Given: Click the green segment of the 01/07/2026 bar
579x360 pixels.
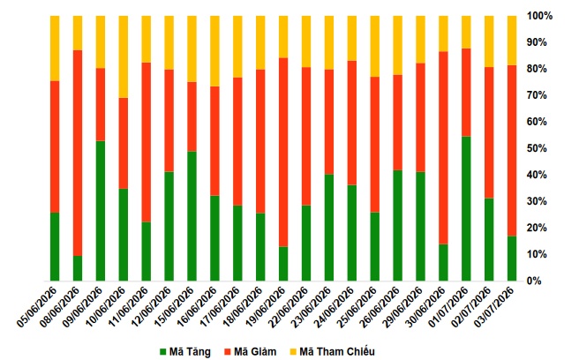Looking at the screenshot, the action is (x=466, y=208).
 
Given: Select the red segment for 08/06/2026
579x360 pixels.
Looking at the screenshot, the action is (x=78, y=153).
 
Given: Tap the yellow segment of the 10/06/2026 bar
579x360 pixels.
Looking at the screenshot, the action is (x=124, y=56).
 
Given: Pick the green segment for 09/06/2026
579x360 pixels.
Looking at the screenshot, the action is (x=101, y=211).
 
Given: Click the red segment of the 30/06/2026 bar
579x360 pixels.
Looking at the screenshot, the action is (x=443, y=148).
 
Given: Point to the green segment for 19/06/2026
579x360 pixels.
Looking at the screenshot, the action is (x=283, y=264).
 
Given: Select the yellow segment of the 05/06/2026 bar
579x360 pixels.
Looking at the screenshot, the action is (x=55, y=49).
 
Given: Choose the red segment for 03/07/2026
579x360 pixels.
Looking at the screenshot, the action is (x=512, y=151).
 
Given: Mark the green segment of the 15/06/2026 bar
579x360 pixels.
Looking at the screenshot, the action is (x=192, y=216).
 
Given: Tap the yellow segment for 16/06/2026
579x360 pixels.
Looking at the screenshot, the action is (x=214, y=51).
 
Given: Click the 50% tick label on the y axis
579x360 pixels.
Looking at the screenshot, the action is (x=537, y=148).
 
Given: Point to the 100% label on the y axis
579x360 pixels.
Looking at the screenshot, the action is (x=539, y=16).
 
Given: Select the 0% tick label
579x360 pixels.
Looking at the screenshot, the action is (x=534, y=281).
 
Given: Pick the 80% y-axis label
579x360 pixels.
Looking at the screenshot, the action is (x=537, y=69).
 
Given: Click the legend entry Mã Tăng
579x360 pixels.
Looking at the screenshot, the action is (x=185, y=352).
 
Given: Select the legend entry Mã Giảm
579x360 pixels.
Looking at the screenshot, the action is (x=251, y=352).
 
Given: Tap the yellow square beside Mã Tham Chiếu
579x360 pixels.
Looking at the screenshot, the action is (x=293, y=352).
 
